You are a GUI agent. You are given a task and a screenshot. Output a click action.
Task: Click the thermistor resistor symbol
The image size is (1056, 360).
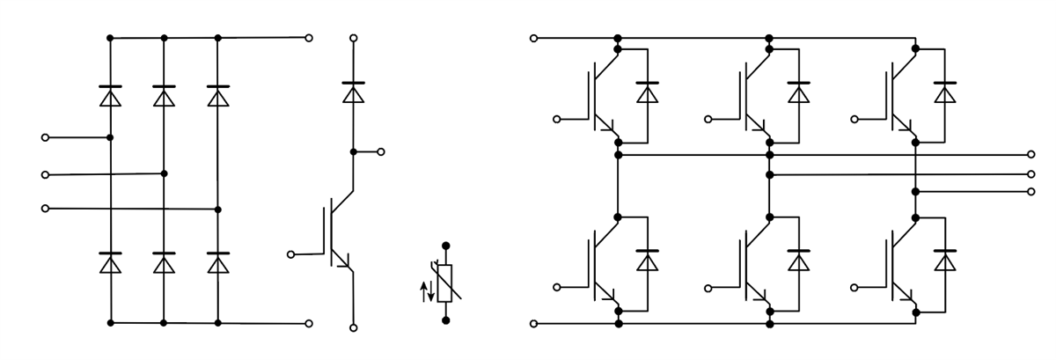(x=444, y=283)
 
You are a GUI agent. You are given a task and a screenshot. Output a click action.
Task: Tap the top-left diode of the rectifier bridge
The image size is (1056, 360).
(x=110, y=96)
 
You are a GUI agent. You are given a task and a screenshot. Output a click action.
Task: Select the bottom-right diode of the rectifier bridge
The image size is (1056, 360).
(x=217, y=262)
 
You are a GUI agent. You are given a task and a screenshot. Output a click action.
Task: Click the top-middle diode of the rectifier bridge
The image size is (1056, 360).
(x=164, y=96)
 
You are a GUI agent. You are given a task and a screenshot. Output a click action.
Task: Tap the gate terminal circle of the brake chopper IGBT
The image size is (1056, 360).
(x=292, y=254)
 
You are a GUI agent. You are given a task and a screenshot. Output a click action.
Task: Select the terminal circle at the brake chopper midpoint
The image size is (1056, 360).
(x=381, y=151)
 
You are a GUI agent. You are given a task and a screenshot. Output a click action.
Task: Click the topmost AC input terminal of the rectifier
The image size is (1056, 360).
(x=46, y=138)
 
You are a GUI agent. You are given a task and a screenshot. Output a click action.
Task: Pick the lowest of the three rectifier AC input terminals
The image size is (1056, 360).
(x=46, y=209)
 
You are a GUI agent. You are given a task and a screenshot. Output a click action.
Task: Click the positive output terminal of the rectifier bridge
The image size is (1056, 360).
(x=308, y=38)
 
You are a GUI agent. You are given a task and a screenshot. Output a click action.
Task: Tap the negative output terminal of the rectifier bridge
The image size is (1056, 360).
(x=308, y=324)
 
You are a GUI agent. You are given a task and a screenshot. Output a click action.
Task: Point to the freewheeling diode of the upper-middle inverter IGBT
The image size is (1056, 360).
(x=798, y=92)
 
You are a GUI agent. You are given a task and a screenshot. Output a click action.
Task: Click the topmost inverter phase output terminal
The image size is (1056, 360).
(x=1031, y=154)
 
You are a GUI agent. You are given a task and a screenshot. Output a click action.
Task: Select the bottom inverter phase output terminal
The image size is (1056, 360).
(x=1031, y=191)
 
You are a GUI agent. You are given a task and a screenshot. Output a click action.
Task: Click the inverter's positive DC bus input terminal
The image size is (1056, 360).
(x=532, y=38)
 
